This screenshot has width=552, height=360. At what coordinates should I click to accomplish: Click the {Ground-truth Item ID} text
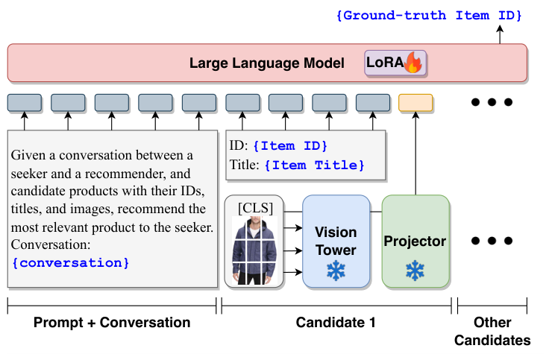pos(428,15)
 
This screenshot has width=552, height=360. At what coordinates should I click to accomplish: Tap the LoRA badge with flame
pos(393,63)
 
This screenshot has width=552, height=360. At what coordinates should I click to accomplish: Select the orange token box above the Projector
pos(415,103)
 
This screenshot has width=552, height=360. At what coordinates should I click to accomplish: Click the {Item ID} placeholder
pos(290,145)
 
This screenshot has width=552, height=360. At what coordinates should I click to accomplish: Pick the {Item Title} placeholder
pos(314,165)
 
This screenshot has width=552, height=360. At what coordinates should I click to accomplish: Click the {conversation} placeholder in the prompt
pos(71,262)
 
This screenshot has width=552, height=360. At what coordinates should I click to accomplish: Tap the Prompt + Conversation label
pos(112,323)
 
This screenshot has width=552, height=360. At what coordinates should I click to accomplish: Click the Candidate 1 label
pos(336,323)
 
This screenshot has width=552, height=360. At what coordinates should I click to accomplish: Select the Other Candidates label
pos(492,332)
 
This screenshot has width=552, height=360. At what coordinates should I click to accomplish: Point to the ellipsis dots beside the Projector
pos(492,241)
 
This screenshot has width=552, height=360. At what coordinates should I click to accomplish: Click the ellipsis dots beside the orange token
pos(492,103)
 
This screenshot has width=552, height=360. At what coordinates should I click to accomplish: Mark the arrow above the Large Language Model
pos(501,34)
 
